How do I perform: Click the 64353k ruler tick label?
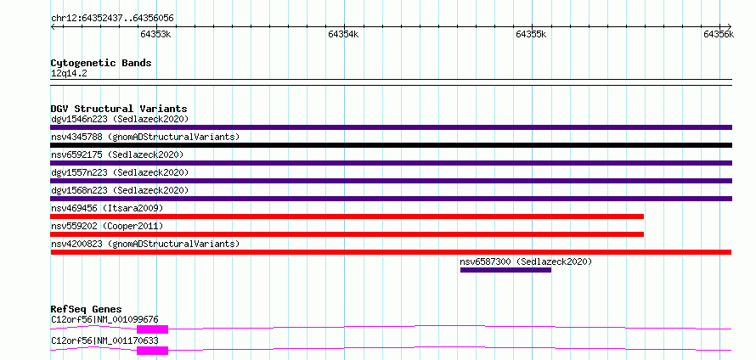coord(155,34)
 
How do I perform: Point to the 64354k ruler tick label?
coord(343,34)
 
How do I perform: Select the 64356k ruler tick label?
coord(719,34)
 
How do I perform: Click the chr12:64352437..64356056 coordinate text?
coord(112,19)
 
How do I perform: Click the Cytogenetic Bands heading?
coord(101,63)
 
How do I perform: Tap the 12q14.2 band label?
coord(69,74)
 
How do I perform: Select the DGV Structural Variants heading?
coord(119,109)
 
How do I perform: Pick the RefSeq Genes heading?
coord(87,309)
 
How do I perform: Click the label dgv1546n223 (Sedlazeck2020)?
coord(120,119)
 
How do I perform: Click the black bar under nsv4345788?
coord(391,145)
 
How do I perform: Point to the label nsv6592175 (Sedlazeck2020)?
coord(117,155)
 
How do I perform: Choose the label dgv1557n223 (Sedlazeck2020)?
coord(120,172)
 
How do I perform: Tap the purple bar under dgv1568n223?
coord(391,199)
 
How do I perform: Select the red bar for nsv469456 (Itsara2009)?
coord(347,217)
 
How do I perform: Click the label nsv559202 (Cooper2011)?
coord(107,226)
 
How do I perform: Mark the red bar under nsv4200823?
coord(391,252)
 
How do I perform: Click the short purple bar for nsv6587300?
coord(505,270)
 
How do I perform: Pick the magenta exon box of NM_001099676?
coord(152,329)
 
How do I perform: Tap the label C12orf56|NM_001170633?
coord(104,340)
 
